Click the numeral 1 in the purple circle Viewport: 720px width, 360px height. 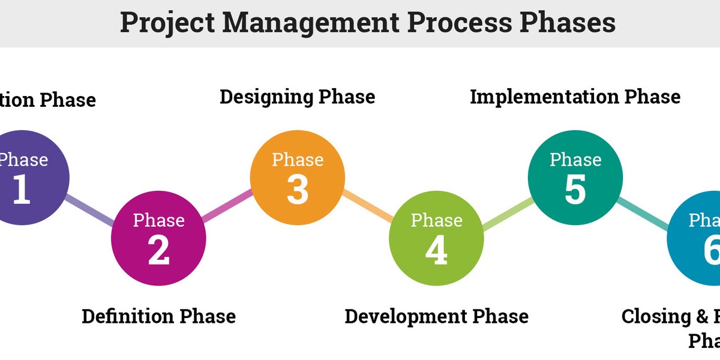tap(21, 190)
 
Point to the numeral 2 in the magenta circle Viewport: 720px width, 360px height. tap(158, 250)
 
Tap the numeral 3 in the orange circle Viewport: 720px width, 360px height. tap(297, 190)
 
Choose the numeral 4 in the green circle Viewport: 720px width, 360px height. tap(436, 250)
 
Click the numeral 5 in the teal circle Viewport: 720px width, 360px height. tap(575, 190)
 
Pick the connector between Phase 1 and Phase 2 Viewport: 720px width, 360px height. tap(90, 211)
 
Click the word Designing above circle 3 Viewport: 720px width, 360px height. tap(266, 97)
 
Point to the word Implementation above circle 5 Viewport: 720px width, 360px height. tap(544, 97)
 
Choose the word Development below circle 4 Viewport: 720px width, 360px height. tap(406, 316)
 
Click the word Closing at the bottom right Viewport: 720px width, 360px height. tap(656, 316)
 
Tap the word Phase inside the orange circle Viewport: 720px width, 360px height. tap(297, 160)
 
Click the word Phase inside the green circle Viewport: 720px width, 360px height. tap(436, 220)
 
